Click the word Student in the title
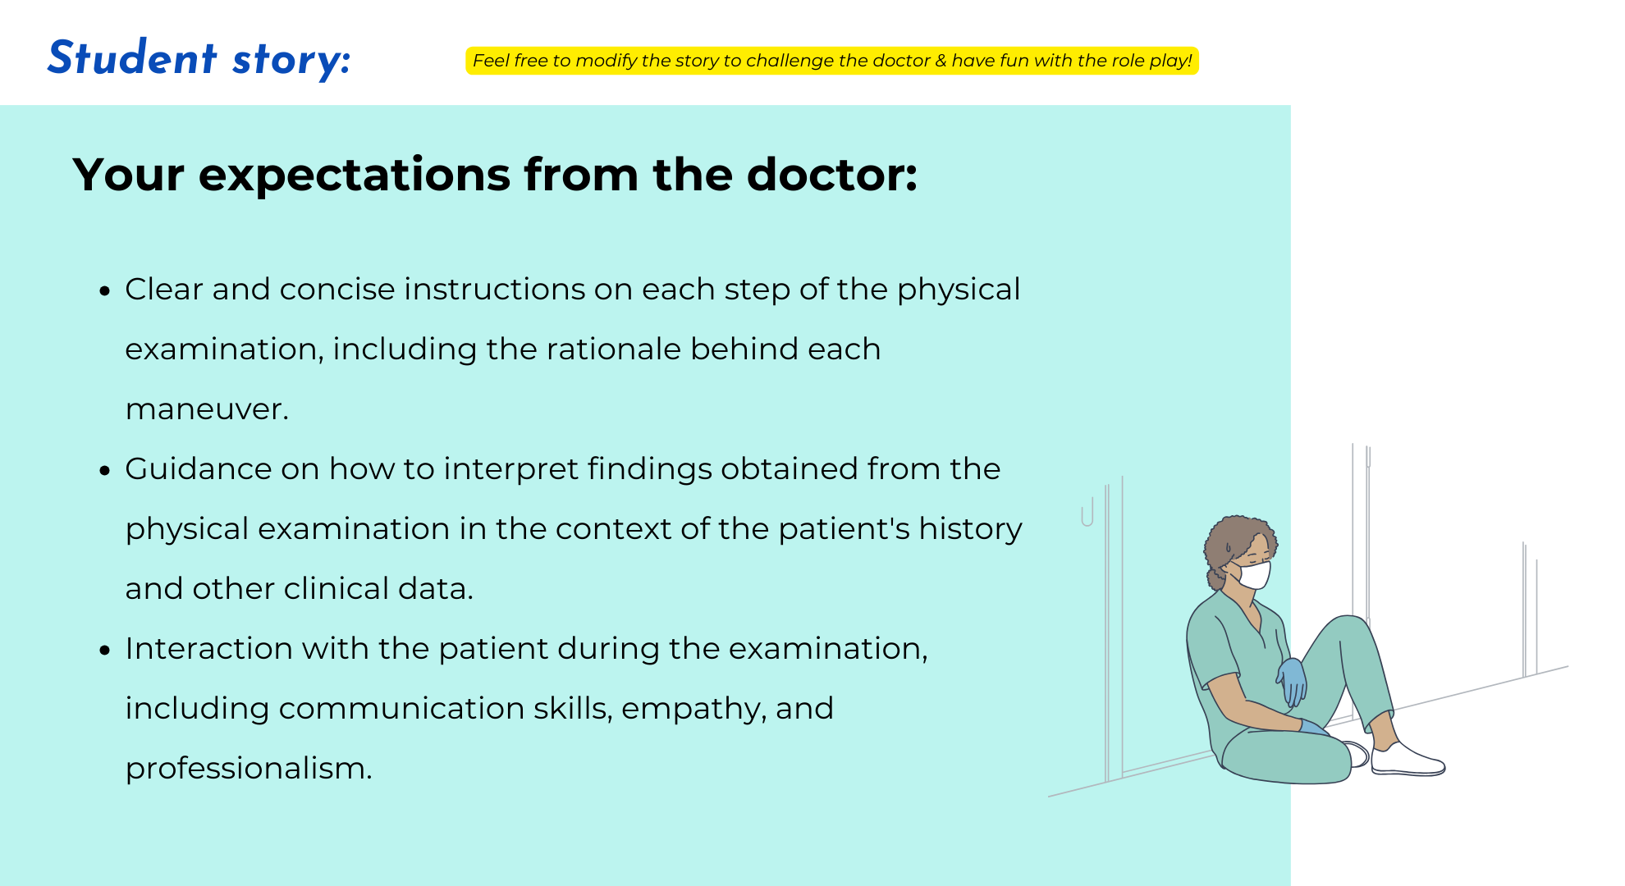coord(132,58)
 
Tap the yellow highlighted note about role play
coord(832,61)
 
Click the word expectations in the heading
coord(355,175)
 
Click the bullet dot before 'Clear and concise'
coord(104,290)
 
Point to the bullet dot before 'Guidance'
coord(104,470)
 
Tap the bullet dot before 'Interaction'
coord(104,650)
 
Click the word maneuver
coord(207,409)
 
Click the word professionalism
coord(249,769)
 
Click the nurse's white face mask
coord(1253,574)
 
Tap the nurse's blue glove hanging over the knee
coord(1293,681)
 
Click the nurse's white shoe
coord(1407,760)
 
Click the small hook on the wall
coord(1087,513)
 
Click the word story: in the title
coord(291,60)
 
